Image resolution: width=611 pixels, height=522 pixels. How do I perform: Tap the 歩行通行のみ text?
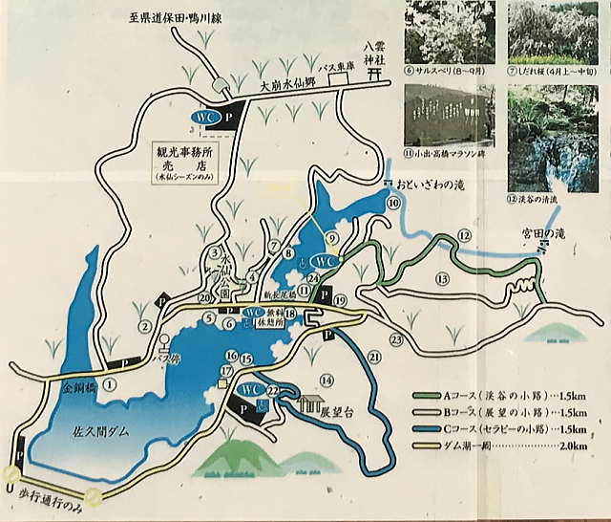53,500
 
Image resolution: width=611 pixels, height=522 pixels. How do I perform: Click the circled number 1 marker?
111,384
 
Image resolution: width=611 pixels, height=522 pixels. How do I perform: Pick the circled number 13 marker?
441,279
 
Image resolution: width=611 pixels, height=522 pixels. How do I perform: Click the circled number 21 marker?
374,358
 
